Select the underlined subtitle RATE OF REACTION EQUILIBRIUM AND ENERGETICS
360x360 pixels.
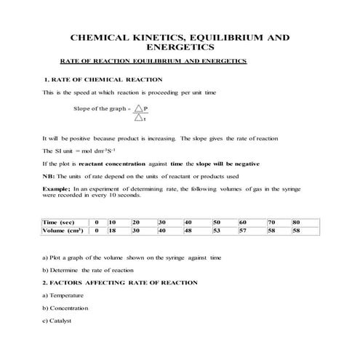(x=153, y=61)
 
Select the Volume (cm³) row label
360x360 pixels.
(x=62, y=231)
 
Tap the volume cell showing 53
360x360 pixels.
(x=217, y=231)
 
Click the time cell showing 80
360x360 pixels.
(x=296, y=222)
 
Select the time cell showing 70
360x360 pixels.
(x=271, y=222)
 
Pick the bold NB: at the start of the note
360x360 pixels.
(x=49, y=176)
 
